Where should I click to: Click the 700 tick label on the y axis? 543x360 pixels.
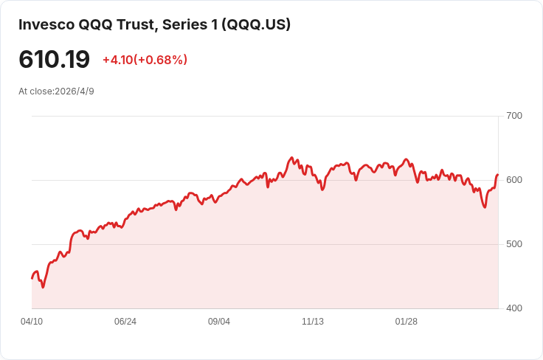514,116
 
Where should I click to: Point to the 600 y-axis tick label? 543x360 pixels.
514,180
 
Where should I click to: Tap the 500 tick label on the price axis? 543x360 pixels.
514,244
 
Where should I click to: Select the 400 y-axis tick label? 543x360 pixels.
514,308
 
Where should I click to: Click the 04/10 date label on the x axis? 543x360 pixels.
32,322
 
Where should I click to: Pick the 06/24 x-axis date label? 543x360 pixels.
125,322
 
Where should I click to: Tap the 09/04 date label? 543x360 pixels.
219,322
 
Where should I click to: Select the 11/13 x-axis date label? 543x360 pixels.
313,322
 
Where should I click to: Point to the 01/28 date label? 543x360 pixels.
407,322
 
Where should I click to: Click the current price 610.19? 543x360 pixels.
55,59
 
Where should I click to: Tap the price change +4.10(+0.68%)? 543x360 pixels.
145,60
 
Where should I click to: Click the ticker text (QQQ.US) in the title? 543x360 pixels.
256,24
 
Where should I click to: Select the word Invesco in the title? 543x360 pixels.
46,24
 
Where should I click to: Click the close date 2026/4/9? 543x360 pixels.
75,91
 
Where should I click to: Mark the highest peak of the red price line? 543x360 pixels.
291,158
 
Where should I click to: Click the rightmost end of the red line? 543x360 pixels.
498,175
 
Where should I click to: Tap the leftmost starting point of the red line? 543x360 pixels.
32,278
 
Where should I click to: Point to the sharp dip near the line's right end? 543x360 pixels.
485,207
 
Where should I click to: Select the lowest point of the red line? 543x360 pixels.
43,287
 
